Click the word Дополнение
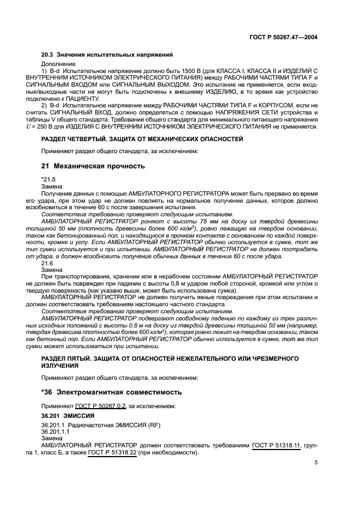point(58,64)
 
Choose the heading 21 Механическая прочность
point(93,166)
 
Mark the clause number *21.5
point(48,179)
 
